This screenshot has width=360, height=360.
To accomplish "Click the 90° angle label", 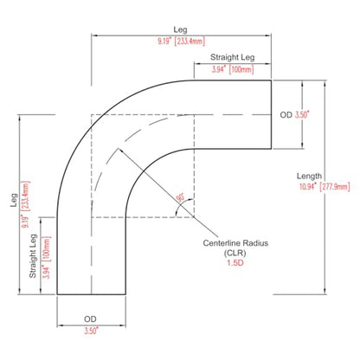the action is [x=181, y=197].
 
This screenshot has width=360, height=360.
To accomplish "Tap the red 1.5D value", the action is [x=235, y=263].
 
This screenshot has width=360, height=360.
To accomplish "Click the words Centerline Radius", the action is [x=235, y=243].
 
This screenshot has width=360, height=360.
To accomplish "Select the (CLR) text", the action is [x=235, y=253].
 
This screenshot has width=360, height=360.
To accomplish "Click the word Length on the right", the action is [x=309, y=177].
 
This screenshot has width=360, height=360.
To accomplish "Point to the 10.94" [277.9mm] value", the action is [x=325, y=187].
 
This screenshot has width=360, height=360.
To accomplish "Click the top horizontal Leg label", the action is [x=180, y=29].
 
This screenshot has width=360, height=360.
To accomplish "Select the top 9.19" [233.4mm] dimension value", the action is [x=182, y=41].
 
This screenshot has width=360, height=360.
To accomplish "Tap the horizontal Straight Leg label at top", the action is [x=233, y=57].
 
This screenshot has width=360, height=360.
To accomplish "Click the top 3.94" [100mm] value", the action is [x=233, y=69].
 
